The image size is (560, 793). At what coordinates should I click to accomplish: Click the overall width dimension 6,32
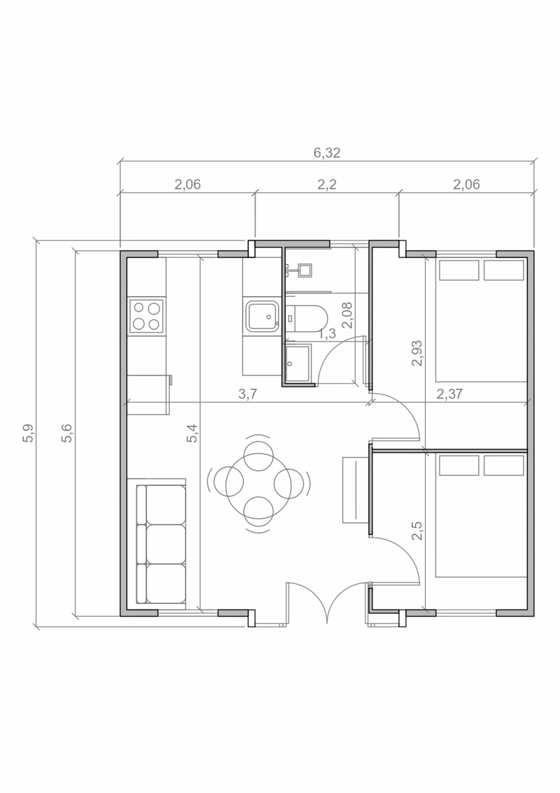(327, 153)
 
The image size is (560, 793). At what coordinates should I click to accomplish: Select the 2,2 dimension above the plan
(327, 185)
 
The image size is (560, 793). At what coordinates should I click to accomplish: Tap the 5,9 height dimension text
(28, 433)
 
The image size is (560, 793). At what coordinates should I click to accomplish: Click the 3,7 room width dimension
(248, 394)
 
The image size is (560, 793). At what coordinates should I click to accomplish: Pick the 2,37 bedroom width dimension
(449, 394)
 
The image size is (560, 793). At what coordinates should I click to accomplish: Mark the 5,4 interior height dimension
(192, 433)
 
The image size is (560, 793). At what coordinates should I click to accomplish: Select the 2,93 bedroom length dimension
(417, 353)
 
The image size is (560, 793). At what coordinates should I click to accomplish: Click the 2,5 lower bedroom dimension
(417, 531)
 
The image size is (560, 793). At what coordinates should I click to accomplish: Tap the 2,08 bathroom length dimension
(347, 315)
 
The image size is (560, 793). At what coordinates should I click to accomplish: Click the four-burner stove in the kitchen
(146, 316)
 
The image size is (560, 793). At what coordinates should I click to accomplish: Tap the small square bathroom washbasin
(305, 270)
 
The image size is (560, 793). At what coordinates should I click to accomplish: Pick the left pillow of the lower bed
(459, 465)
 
